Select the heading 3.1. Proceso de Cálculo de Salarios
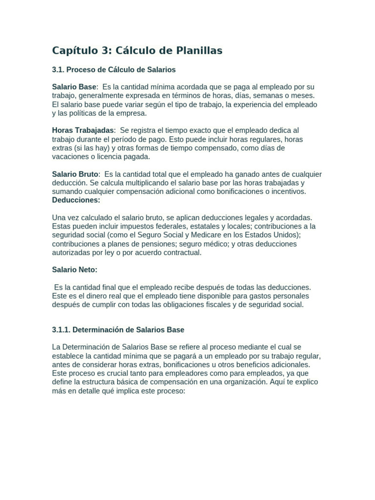tap(114, 69)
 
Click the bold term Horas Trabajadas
tap(83, 130)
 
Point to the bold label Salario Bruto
tap(75, 174)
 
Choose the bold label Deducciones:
tap(76, 200)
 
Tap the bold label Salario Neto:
tap(75, 270)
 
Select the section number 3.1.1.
tap(61, 330)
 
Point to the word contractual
tap(182, 252)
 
